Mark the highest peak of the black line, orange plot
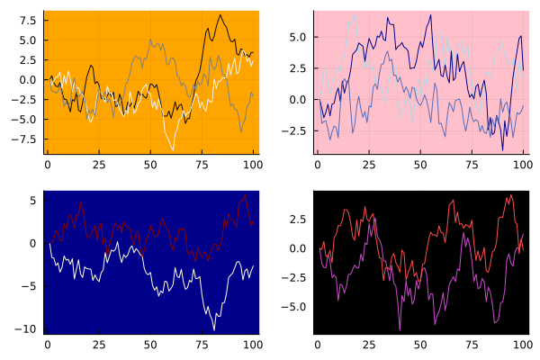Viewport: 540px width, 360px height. point(221,15)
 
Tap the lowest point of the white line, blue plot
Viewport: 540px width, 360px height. point(215,329)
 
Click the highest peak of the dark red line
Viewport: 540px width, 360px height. point(246,194)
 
